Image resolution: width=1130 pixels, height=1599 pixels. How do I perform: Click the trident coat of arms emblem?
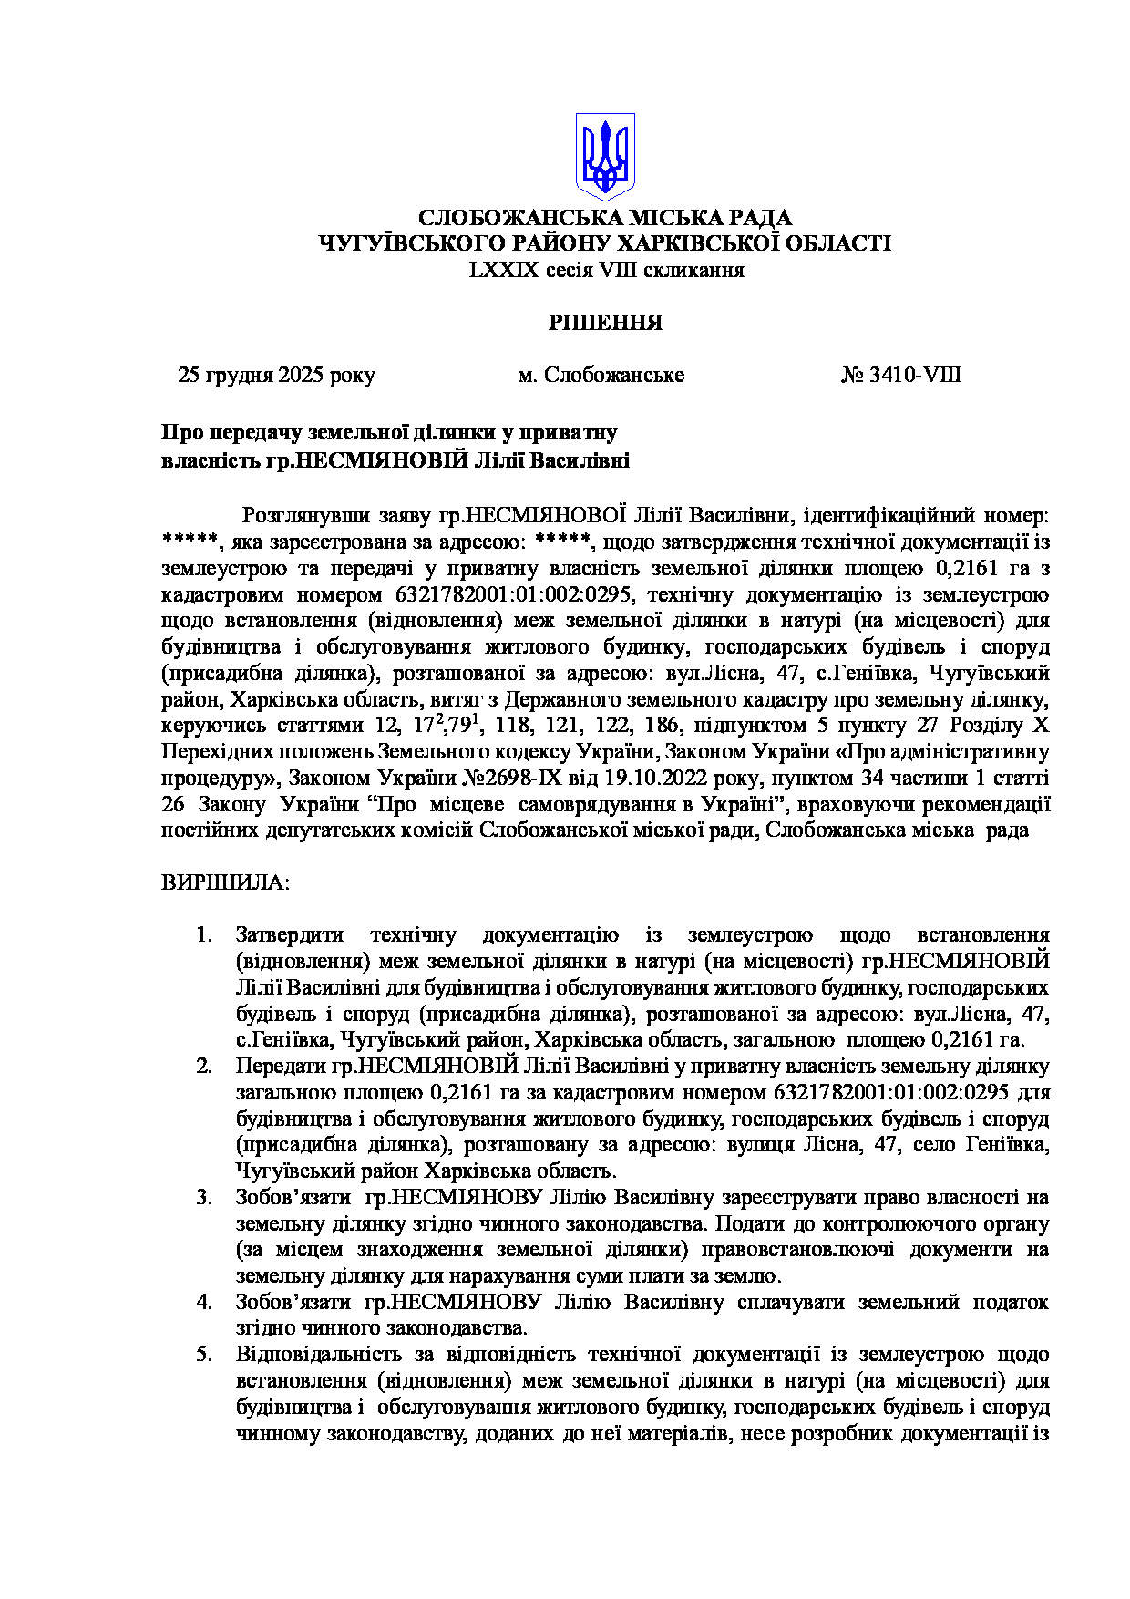[x=605, y=156]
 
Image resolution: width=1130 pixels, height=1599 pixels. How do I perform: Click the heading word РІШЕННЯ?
[x=605, y=323]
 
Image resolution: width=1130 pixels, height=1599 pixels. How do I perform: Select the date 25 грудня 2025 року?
[x=276, y=376]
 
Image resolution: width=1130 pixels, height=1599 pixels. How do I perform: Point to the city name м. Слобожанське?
[x=601, y=376]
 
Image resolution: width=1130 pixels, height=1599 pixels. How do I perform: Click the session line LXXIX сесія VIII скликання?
[x=606, y=271]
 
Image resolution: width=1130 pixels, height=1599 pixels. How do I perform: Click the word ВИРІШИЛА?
[x=225, y=883]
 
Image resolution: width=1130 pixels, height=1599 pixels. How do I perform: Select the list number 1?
[x=204, y=935]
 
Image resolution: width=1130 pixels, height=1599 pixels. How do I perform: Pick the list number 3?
[x=204, y=1198]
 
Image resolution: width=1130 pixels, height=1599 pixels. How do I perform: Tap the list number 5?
[x=204, y=1356]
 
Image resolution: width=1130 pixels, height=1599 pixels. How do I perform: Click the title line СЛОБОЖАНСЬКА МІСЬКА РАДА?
[x=605, y=219]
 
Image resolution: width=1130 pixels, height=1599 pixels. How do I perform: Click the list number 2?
[x=204, y=1067]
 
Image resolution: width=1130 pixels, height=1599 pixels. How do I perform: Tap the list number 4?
[x=204, y=1303]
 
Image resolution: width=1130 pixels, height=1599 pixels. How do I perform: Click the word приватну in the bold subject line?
[x=573, y=433]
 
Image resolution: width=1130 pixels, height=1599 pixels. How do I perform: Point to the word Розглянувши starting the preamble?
[x=305, y=516]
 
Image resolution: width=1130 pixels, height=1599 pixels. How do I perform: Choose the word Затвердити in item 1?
[x=290, y=935]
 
